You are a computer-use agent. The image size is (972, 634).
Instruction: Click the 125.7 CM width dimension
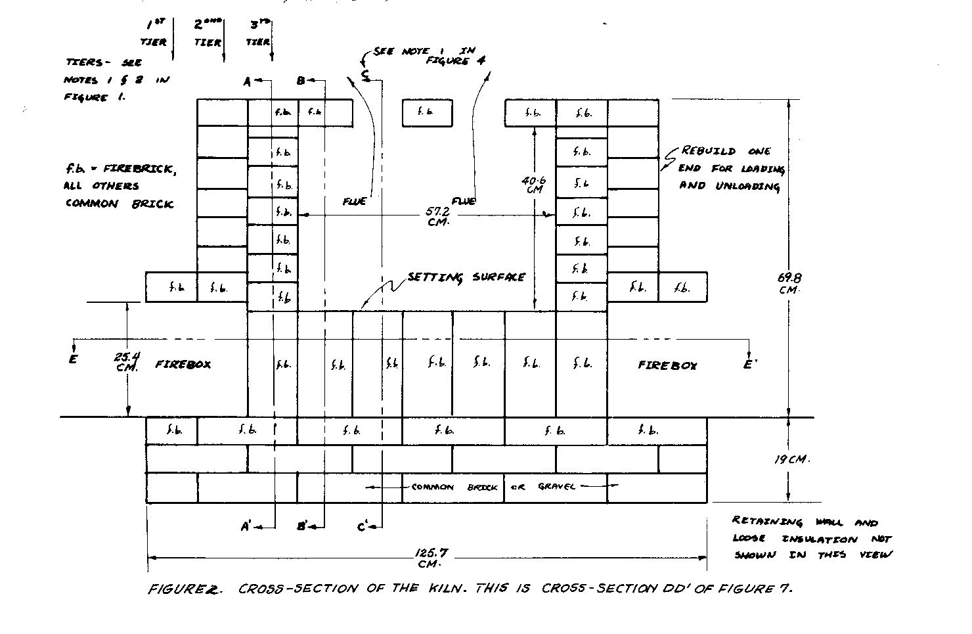pos(428,558)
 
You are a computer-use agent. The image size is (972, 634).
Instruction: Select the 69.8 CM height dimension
pos(788,283)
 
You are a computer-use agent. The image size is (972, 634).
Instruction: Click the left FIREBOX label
pos(183,363)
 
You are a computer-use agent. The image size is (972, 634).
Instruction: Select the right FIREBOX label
pos(667,365)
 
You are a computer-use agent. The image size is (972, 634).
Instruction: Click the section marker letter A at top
pos(247,81)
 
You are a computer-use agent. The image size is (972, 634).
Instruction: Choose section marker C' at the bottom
pos(364,526)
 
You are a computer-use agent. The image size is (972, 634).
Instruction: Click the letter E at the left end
pos(73,359)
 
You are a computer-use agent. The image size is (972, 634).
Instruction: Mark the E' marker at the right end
pos(749,364)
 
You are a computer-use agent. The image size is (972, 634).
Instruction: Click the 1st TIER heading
pos(154,33)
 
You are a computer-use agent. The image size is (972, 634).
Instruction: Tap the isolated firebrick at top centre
pos(427,112)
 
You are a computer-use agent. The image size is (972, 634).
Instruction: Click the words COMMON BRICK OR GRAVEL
pos(493,487)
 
